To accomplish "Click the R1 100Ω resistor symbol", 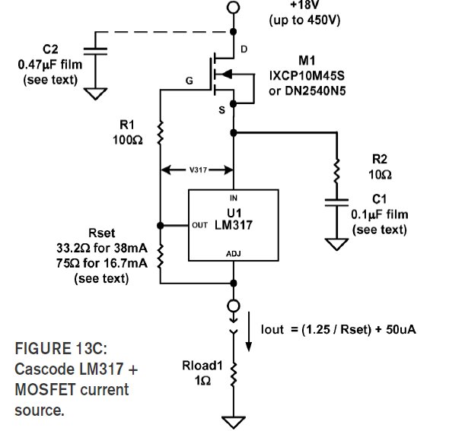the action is click(161, 132).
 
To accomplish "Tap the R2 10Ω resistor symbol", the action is click(337, 171).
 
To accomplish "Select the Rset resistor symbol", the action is click(161, 256).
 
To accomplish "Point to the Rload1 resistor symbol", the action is click(234, 374).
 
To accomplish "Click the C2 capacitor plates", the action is click(95, 51).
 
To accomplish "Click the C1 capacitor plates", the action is click(336, 202).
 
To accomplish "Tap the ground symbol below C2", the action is click(95, 93).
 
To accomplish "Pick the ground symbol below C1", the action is click(336, 244).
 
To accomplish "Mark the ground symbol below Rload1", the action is click(234, 423).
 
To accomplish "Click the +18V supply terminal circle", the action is click(234, 7).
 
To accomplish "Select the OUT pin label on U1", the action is click(199, 225).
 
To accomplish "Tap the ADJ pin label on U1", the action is click(234, 254).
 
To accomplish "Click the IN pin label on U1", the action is click(234, 198).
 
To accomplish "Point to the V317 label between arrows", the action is click(198, 170).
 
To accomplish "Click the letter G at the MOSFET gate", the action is click(189, 81).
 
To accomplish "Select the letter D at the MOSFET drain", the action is click(244, 49).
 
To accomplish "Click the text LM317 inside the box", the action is click(234, 225).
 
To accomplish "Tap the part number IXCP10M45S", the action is click(307, 76).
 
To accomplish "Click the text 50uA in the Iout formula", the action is click(401, 329).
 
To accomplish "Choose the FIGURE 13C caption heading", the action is click(61, 348).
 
